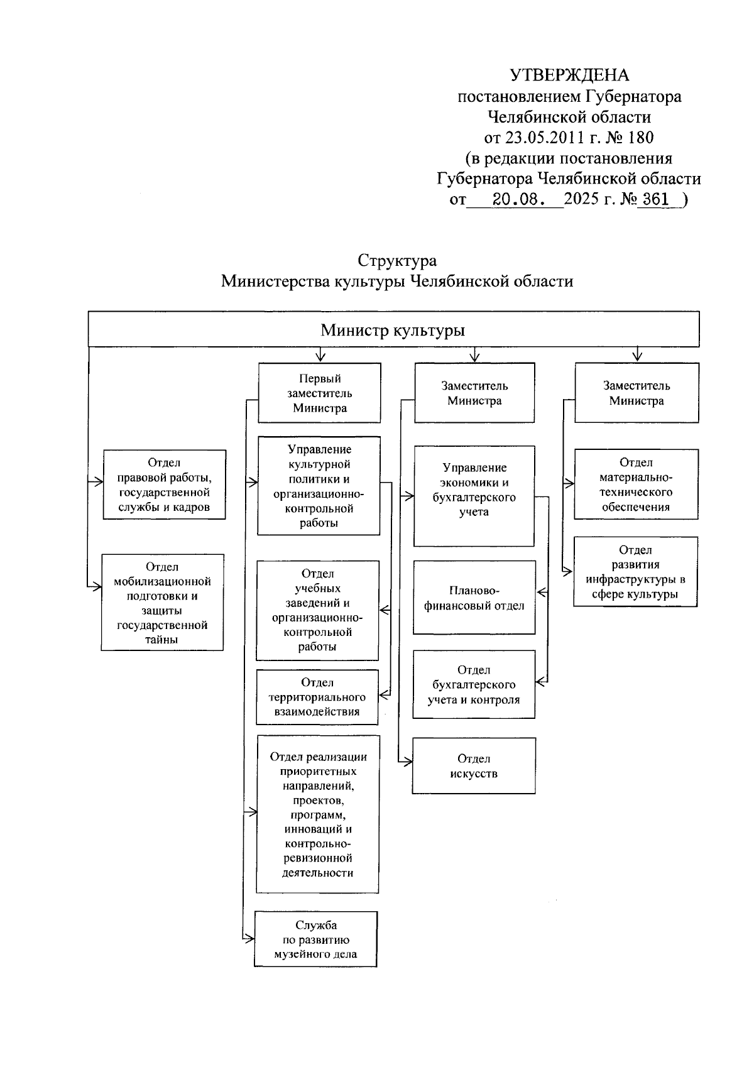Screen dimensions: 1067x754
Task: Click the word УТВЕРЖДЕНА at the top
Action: pos(569,76)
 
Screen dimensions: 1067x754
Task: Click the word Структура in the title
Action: pos(397,260)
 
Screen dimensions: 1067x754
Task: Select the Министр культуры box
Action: pos(393,330)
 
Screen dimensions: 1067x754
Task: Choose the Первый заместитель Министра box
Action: pos(319,393)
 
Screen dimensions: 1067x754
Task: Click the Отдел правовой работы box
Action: pos(164,484)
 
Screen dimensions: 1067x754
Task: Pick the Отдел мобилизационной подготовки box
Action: pos(162,603)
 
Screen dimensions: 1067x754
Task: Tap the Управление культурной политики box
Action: pos(319,486)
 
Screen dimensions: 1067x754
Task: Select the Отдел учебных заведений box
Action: pos(317,610)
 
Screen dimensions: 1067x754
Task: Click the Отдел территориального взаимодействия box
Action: pos(317,697)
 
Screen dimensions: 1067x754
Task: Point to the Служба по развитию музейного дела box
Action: pos(315,939)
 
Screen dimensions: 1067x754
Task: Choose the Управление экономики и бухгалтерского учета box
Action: pos(474,496)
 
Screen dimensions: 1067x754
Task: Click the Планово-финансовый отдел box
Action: pos(474,598)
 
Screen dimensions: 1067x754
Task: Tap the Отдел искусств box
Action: pos(474,766)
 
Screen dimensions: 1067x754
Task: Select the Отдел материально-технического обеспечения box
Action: pos(636,484)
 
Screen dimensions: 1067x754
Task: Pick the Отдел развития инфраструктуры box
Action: pos(635,572)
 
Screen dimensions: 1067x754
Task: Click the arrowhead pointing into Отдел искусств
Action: pos(409,762)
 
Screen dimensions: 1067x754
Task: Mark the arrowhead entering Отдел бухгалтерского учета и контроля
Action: pos(539,681)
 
